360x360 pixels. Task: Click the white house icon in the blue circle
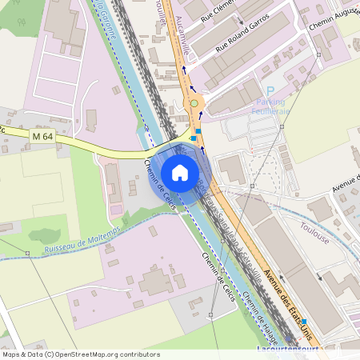[x=180, y=173]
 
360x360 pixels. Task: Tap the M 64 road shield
[x=42, y=137]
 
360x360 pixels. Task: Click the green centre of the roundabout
[x=193, y=103]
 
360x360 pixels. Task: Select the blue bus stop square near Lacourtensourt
[x=304, y=322]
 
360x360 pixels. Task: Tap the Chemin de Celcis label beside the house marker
[x=159, y=185]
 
